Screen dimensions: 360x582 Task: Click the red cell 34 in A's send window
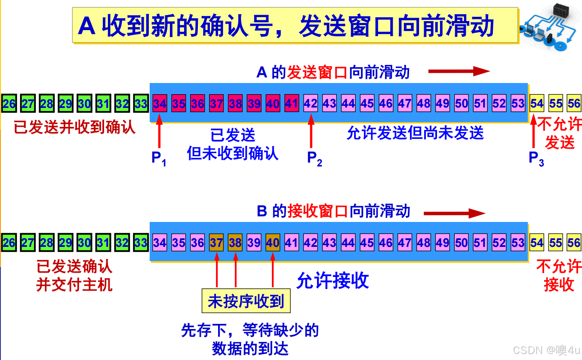(160, 104)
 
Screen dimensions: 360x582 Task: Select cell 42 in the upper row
(311, 104)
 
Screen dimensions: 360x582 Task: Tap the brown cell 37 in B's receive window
(216, 243)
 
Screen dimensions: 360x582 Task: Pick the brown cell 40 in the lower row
(273, 243)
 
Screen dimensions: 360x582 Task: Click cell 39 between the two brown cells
(254, 243)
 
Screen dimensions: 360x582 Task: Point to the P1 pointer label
(159, 158)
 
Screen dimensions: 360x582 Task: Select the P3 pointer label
(536, 158)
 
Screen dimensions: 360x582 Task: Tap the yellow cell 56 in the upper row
(574, 104)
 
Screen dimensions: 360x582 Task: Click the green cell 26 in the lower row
(9, 243)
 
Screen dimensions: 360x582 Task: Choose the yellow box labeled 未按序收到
(246, 302)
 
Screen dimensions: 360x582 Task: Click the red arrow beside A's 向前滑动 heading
(459, 71)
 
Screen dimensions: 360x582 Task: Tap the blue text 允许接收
(333, 281)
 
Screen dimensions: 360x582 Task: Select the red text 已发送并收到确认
(74, 127)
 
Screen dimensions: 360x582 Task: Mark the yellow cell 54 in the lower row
(536, 243)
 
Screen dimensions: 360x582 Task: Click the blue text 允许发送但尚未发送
(415, 133)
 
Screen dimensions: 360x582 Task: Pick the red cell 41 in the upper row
(292, 104)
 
